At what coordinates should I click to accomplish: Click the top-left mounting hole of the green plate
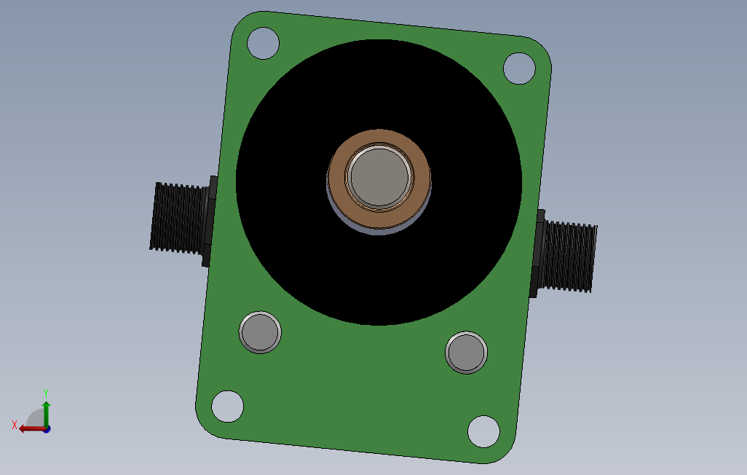[263, 44]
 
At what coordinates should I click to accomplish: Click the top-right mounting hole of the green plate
[519, 68]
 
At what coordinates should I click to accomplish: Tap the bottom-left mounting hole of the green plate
[227, 407]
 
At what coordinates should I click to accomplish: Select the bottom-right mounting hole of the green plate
[483, 431]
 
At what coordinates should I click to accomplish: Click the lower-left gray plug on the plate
[260, 332]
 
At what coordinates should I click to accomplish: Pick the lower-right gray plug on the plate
[467, 353]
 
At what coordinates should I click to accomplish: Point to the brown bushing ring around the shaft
[379, 136]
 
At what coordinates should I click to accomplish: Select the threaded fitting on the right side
[564, 254]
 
